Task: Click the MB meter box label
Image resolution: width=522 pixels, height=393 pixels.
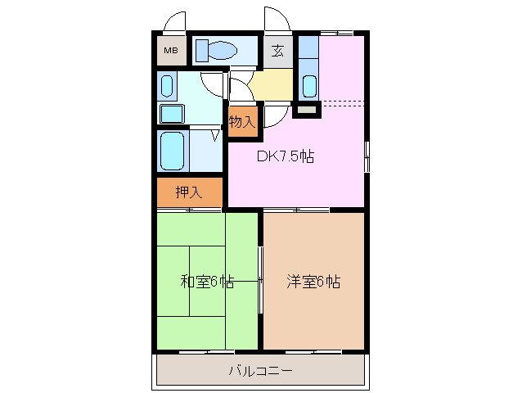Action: point(170,52)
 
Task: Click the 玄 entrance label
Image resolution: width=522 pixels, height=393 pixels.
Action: point(277,52)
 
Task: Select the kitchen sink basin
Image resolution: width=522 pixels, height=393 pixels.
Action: point(310,84)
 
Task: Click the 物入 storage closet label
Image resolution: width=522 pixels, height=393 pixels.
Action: point(242,122)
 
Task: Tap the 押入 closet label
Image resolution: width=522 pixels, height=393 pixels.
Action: point(188,193)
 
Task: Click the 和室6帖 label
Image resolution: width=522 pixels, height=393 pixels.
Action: point(207,282)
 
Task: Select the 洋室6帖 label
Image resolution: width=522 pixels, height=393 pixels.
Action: point(313,282)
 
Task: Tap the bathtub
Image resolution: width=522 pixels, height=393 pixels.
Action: point(173,150)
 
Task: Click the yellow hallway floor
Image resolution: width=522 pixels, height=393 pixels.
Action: point(271,82)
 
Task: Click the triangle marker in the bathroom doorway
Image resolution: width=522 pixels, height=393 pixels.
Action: point(217,135)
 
